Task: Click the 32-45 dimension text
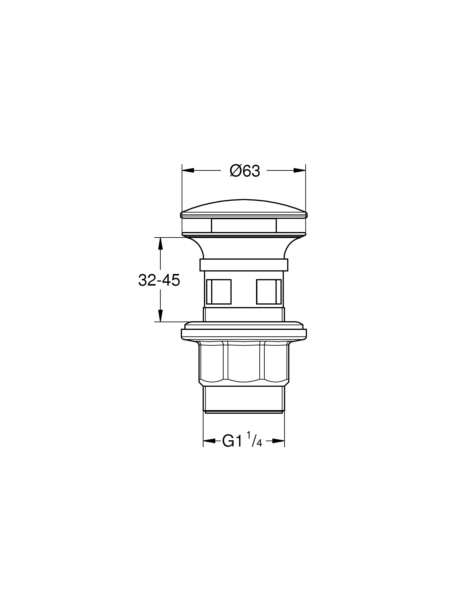(x=159, y=280)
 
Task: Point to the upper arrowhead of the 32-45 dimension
(x=161, y=244)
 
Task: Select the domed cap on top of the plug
(x=244, y=207)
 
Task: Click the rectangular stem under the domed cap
(x=244, y=226)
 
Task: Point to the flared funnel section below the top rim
(x=244, y=248)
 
